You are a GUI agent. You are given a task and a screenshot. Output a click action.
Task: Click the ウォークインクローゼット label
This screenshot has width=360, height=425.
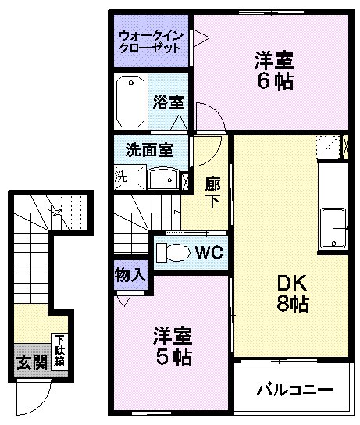[x=150, y=41]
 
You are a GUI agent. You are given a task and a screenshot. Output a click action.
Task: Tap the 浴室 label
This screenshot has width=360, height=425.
[x=168, y=102]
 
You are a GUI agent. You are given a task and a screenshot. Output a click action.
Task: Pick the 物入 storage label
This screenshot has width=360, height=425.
[x=130, y=275]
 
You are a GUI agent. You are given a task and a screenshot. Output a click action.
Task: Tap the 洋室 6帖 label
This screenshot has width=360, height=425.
[x=273, y=70]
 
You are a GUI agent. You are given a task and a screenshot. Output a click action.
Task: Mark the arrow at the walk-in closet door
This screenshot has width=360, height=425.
[x=200, y=37]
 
